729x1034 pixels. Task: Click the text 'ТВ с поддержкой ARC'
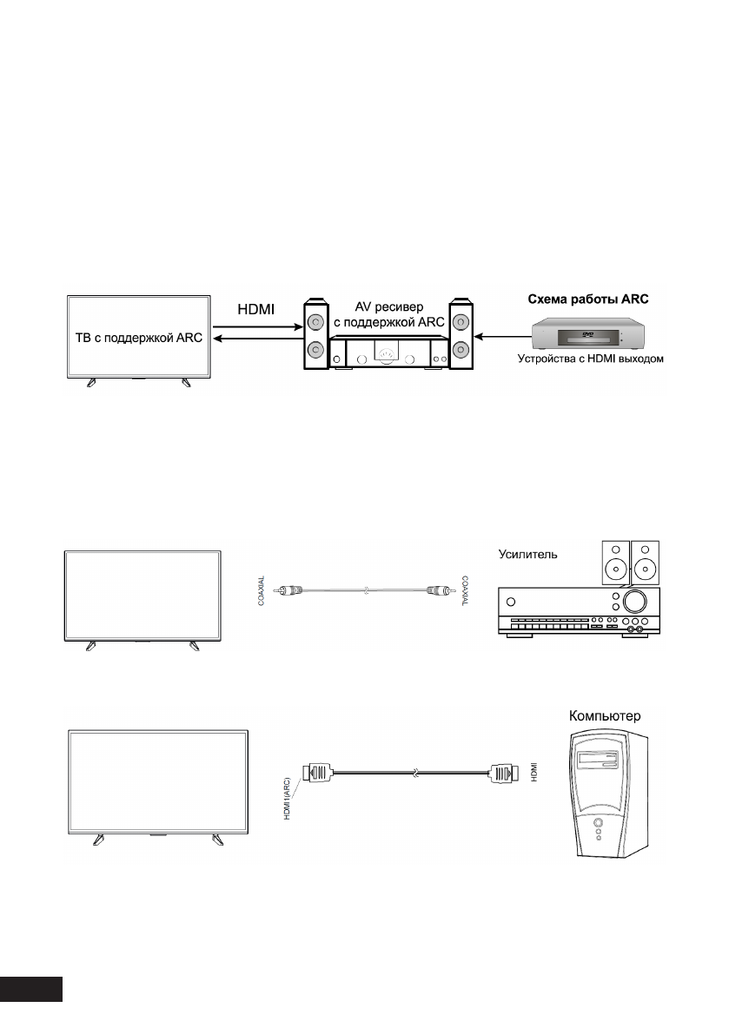click(138, 338)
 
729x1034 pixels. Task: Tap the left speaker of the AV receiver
click(315, 337)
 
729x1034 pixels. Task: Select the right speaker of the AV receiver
click(461, 337)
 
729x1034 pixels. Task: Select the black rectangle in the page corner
click(32, 991)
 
